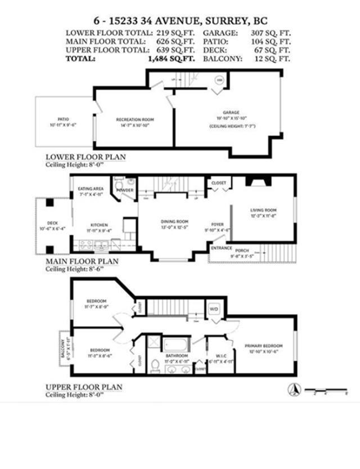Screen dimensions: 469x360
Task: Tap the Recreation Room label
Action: point(135,119)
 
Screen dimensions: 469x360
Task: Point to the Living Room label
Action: point(264,211)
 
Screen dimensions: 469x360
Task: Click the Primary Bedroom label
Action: point(263,345)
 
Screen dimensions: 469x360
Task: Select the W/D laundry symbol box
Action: point(214,309)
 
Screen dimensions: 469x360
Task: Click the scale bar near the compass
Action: point(326,390)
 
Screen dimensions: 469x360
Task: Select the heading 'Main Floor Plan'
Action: point(82,261)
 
